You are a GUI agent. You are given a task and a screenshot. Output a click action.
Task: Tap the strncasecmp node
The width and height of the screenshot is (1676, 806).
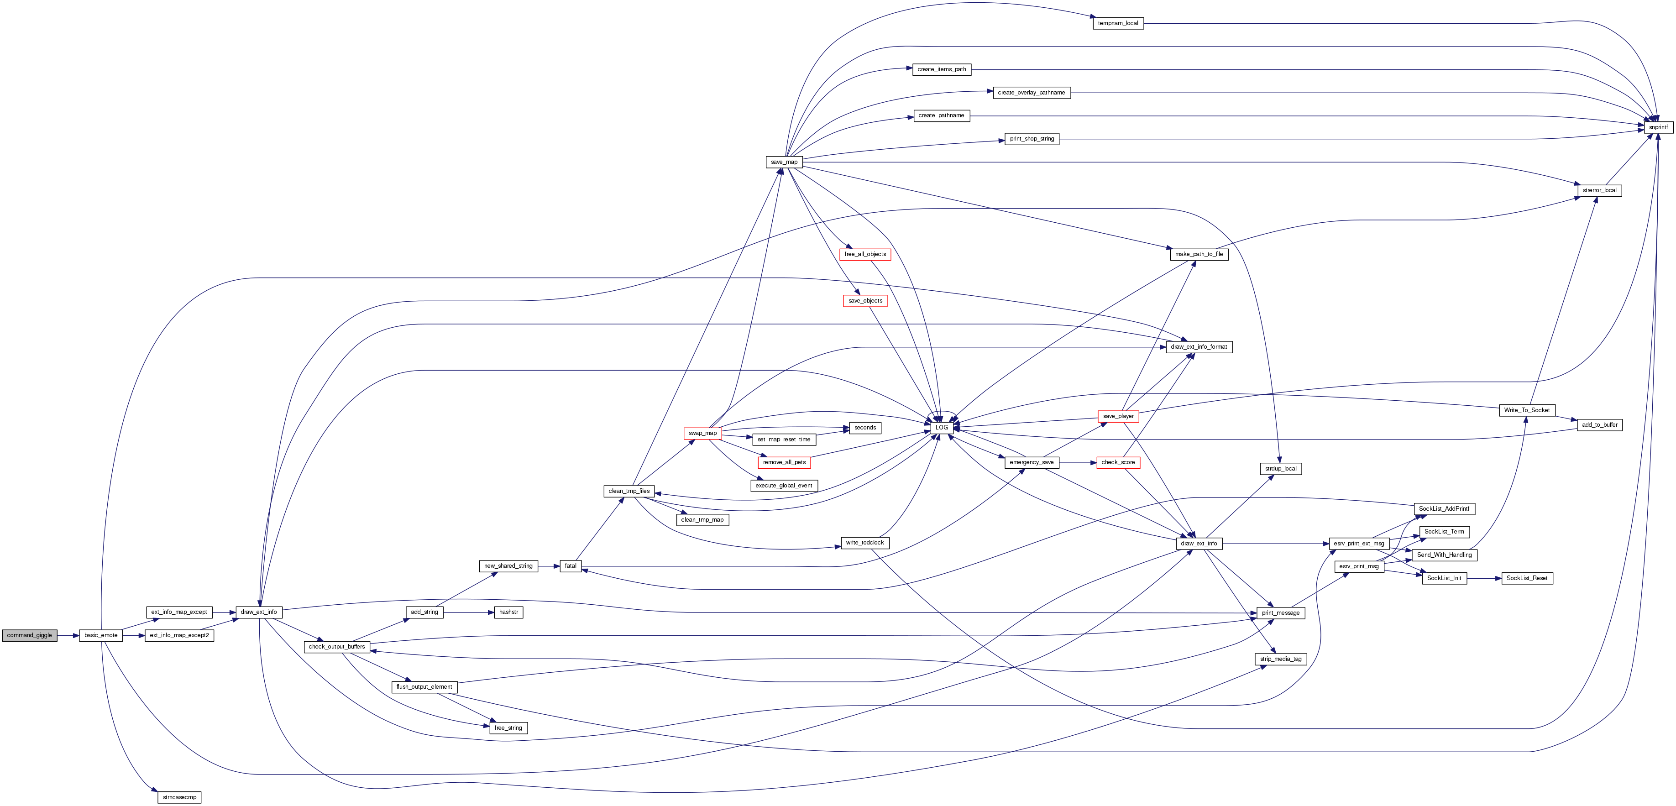point(179,797)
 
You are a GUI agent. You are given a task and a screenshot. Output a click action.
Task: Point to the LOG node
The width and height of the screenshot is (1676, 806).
point(942,427)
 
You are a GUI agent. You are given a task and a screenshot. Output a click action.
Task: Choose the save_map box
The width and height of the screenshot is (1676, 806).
point(784,162)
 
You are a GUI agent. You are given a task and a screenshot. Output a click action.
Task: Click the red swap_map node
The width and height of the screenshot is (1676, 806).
point(703,433)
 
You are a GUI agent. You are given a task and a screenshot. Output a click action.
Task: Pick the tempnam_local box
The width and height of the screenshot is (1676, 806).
point(1118,23)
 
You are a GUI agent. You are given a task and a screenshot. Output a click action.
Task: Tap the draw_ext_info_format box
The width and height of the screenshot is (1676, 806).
point(1199,347)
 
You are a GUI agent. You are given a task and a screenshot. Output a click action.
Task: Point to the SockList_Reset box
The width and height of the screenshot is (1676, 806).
point(1527,578)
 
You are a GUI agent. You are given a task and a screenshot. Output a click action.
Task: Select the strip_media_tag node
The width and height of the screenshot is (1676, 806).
point(1280,659)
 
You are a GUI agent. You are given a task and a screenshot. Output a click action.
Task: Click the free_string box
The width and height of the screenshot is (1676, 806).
point(508,728)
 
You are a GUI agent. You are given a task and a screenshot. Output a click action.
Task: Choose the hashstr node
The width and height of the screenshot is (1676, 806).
point(508,612)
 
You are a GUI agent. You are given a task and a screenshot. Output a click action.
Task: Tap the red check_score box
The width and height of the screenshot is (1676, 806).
point(1118,462)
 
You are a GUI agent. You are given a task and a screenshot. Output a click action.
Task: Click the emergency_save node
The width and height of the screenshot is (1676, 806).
point(1031,462)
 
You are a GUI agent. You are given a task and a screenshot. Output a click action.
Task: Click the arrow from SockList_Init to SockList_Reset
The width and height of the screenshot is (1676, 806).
point(1484,578)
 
